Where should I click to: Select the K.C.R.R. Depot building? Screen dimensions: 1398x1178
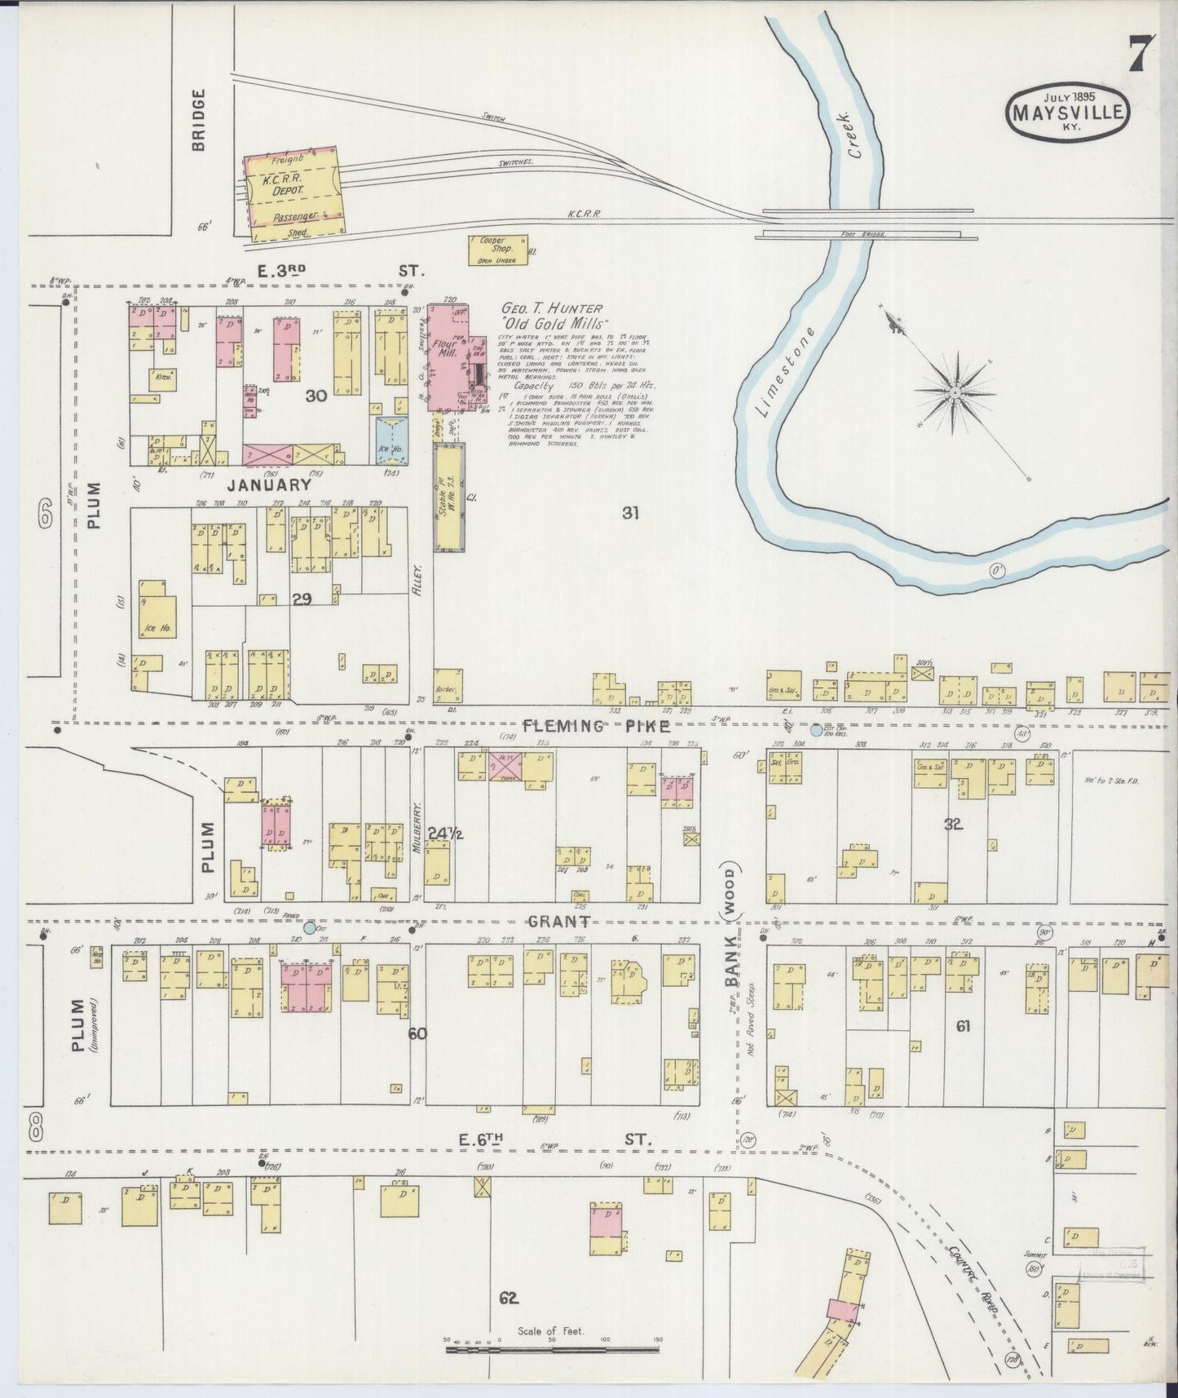292,192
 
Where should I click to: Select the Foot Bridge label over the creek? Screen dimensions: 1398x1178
863,235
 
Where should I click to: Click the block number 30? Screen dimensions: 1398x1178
315,396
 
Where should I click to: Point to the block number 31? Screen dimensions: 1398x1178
629,513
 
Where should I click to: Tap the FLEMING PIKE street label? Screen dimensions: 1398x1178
597,726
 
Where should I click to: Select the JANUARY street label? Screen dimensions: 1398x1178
269,484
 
